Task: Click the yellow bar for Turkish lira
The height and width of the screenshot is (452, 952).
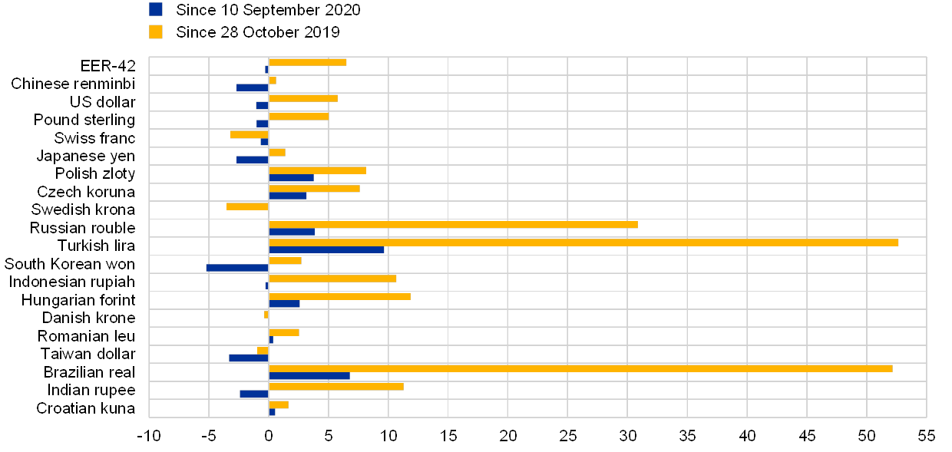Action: (583, 242)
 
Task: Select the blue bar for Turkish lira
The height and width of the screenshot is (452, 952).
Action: (326, 250)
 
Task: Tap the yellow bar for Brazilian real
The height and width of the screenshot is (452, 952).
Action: (580, 368)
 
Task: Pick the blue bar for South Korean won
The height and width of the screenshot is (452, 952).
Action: (237, 268)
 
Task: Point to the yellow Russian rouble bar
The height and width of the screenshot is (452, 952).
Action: (453, 224)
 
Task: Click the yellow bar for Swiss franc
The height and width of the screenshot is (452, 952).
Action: (250, 134)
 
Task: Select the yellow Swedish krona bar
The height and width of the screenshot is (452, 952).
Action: (247, 206)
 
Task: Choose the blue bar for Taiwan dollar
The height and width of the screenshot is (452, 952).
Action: (249, 358)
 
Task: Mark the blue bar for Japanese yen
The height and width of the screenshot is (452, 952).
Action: (253, 160)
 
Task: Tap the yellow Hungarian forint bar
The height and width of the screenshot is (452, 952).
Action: (339, 296)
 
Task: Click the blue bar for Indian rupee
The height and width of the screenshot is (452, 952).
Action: (254, 394)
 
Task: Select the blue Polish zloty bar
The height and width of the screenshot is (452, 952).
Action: (291, 178)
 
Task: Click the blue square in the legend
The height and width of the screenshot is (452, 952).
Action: (156, 9)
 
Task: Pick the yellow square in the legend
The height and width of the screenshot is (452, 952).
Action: (156, 32)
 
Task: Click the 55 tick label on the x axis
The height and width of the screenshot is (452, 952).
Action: (926, 436)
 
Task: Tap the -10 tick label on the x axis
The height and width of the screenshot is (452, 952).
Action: (151, 436)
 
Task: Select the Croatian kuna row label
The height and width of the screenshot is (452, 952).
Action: (86, 408)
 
